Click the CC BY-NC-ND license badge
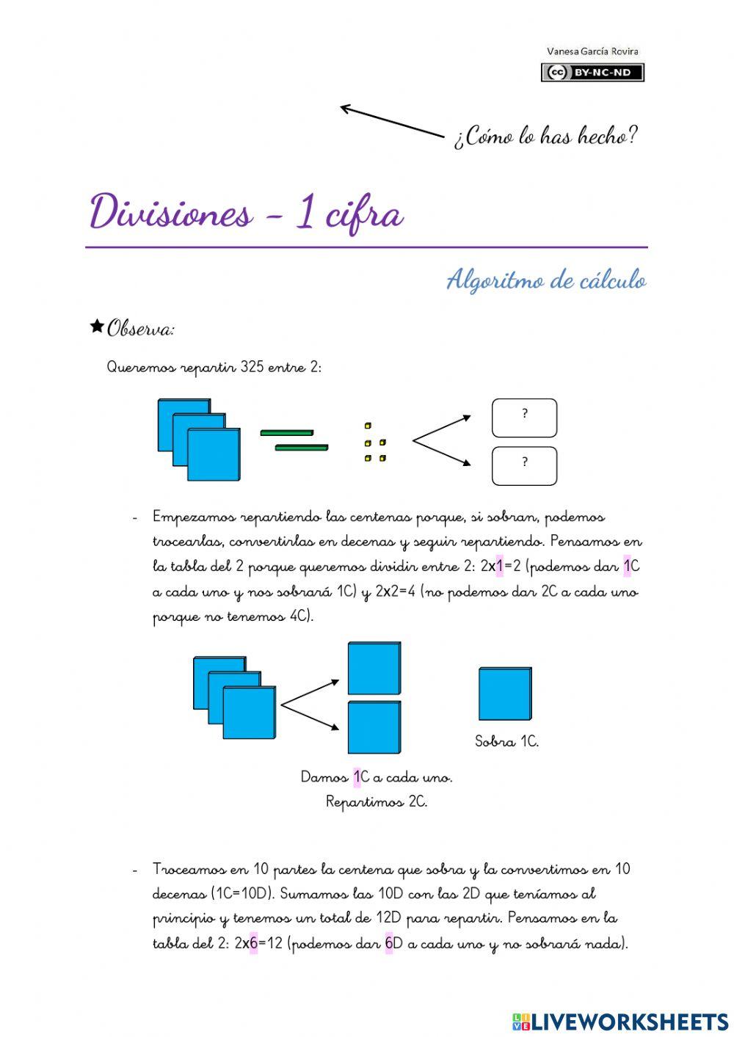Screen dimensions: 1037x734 (x=592, y=72)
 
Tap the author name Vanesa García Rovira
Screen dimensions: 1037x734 (x=592, y=51)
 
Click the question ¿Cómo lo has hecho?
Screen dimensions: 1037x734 (x=545, y=136)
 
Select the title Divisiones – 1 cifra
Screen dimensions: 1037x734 (x=247, y=214)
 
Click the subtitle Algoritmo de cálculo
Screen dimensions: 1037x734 (x=546, y=280)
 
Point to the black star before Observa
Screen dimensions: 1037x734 (x=96, y=327)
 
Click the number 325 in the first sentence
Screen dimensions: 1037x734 (x=252, y=367)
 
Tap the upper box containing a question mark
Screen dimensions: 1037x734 (x=524, y=418)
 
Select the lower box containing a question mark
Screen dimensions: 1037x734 (x=524, y=466)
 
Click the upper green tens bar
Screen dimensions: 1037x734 (x=286, y=433)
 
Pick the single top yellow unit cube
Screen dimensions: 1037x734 (x=368, y=426)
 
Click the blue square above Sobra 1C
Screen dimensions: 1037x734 (x=505, y=694)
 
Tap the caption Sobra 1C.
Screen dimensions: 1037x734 (x=506, y=741)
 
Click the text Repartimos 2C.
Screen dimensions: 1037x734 (x=377, y=801)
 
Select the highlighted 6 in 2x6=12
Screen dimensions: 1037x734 (x=253, y=944)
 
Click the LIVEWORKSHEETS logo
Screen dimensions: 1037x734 (x=619, y=1021)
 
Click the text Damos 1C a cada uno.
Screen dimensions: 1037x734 (x=377, y=776)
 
